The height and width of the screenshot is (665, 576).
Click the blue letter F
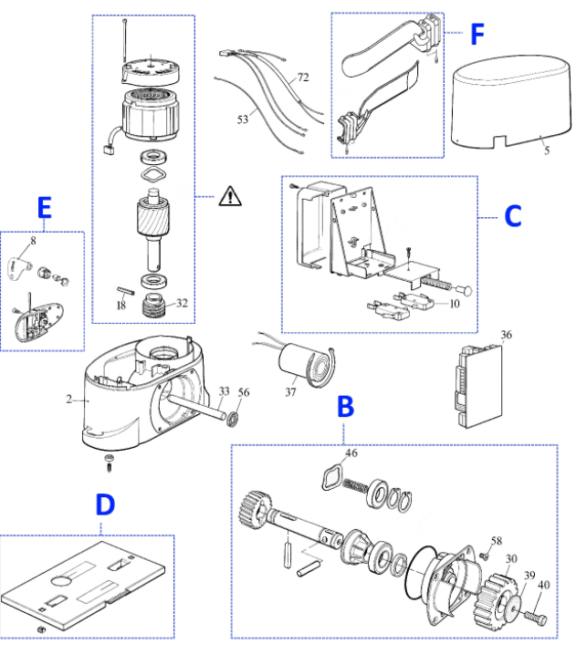click(x=477, y=34)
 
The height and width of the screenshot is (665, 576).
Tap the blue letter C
click(x=513, y=216)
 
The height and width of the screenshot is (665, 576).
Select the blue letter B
click(x=346, y=406)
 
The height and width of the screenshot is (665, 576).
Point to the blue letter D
click(x=105, y=504)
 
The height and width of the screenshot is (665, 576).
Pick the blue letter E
click(x=45, y=207)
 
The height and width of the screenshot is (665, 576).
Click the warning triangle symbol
click(x=230, y=196)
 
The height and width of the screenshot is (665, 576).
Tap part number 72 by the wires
click(x=303, y=78)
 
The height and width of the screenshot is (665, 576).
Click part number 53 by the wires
click(x=243, y=119)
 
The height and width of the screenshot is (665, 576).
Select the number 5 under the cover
click(x=547, y=151)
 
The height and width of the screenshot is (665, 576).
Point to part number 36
click(x=506, y=335)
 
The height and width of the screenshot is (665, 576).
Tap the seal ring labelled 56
click(x=232, y=419)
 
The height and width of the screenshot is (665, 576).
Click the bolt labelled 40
click(x=536, y=617)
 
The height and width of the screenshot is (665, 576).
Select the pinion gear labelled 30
click(x=496, y=599)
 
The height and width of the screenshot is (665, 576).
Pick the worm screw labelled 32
click(x=153, y=305)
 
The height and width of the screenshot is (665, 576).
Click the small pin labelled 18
click(x=125, y=290)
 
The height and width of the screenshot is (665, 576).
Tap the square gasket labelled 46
click(x=332, y=478)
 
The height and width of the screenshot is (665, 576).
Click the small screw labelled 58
click(x=484, y=555)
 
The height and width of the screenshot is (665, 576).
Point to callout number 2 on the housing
click(x=68, y=399)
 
